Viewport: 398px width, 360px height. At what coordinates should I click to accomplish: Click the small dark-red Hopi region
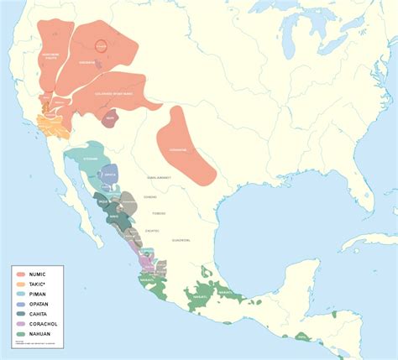coord(109,120)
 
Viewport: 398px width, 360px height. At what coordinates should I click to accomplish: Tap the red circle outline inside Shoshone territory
coord(101,45)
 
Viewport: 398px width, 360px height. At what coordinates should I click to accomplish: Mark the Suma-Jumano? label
coord(159,178)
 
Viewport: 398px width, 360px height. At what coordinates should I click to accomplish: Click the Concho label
coord(150,196)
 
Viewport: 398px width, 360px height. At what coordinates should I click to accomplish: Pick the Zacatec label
coord(153,230)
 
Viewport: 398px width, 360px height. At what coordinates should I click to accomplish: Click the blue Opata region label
coord(109,175)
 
